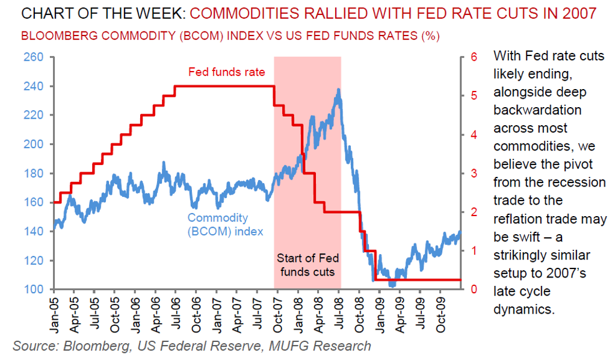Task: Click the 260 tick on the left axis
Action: click(x=34, y=57)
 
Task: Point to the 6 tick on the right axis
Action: click(x=474, y=57)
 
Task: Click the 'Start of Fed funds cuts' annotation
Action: click(x=307, y=265)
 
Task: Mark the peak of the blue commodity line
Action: click(x=339, y=90)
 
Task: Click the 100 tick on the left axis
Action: click(x=34, y=290)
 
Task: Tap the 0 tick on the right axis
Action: click(x=474, y=290)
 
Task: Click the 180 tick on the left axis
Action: click(x=34, y=173)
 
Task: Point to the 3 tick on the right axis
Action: click(x=474, y=173)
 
